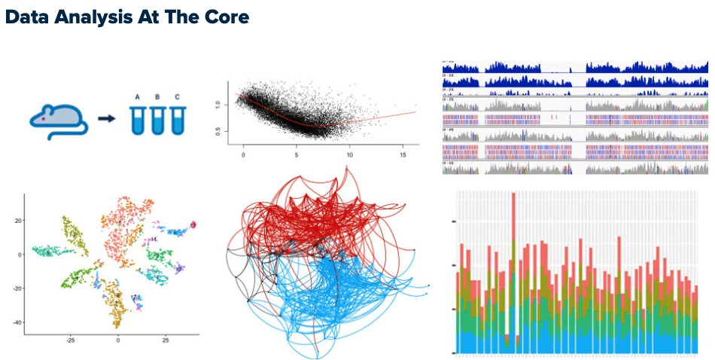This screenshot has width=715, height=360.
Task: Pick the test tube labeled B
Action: [157, 121]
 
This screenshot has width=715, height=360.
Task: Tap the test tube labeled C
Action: [177, 121]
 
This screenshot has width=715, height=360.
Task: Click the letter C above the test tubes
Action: [177, 97]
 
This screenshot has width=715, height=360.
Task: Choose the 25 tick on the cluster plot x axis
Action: [165, 340]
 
